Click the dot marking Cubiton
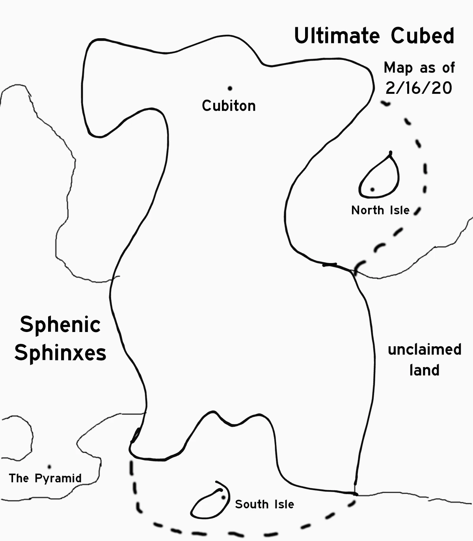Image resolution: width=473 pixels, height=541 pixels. pos(230,88)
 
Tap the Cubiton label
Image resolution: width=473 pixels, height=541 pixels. pos(229,106)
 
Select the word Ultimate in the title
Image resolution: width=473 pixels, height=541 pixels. pos(337,35)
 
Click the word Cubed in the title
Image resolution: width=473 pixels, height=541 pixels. pos(423,35)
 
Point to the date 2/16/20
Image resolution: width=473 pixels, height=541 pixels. pos(419,88)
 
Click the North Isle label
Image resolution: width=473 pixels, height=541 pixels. pos(380,211)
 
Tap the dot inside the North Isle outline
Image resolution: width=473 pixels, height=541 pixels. pos(372,190)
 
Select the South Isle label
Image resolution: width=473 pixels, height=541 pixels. pos(264,504)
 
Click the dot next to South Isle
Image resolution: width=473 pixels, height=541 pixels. pos(223,497)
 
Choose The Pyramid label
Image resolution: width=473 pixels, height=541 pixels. pos(45,478)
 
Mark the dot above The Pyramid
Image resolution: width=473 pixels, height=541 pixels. pos(49,467)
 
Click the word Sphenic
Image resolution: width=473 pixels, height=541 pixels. pos(60,325)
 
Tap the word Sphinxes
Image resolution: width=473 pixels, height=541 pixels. pos(60,353)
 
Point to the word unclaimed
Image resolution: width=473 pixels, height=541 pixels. pos(425,350)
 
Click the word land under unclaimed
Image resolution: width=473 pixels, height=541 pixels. pos(425,370)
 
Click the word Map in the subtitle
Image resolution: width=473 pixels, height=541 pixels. pos(398,68)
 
